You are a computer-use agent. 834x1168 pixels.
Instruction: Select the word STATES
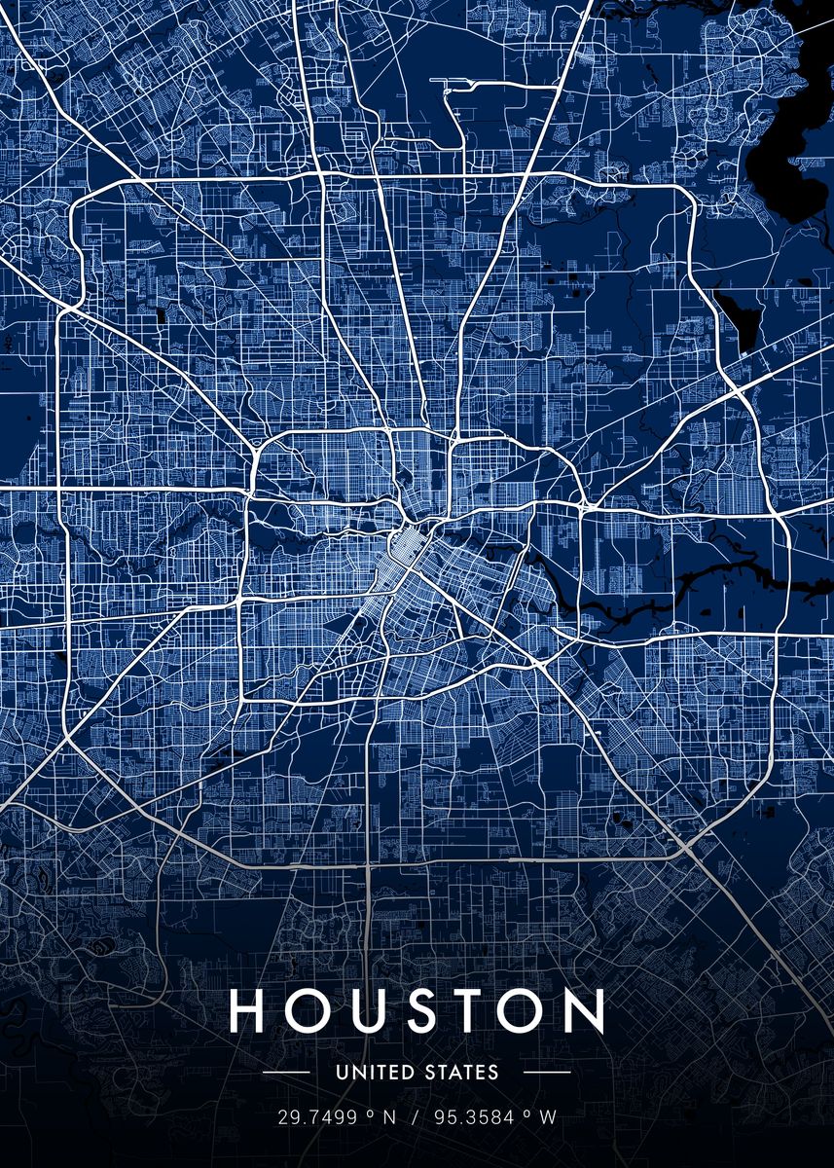click(x=461, y=1073)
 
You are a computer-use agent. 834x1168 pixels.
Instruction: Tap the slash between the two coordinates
click(x=415, y=1117)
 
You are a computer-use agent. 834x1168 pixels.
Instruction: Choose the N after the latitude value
click(x=389, y=1117)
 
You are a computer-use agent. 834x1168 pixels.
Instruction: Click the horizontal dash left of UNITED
click(x=286, y=1073)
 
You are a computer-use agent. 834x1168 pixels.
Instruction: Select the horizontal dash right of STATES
click(x=547, y=1073)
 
